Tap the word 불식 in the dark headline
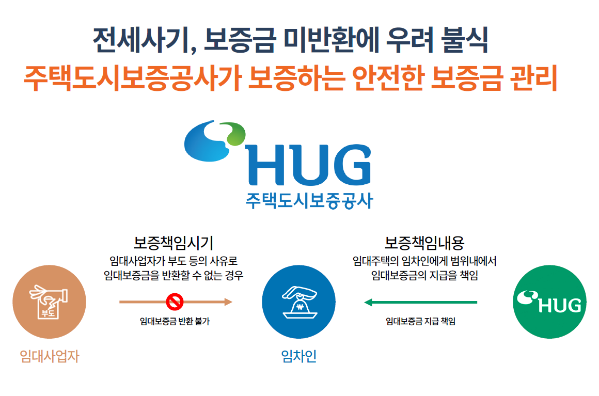click(464, 40)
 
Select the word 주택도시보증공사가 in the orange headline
click(132, 78)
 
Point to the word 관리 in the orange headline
click(533, 78)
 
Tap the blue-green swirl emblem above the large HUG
click(215, 141)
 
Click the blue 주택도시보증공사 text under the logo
click(309, 200)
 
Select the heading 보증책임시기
click(173, 243)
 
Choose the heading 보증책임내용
click(424, 243)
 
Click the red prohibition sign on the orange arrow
click(175, 302)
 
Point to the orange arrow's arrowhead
click(228, 302)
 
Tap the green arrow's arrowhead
click(368, 303)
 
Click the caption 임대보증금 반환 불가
click(175, 322)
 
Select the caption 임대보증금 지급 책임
click(420, 322)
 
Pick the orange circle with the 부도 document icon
click(49, 302)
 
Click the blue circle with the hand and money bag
click(299, 302)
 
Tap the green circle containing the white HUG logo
click(549, 302)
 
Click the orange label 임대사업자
click(50, 356)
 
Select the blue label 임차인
click(299, 356)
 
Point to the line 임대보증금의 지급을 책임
click(424, 275)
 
